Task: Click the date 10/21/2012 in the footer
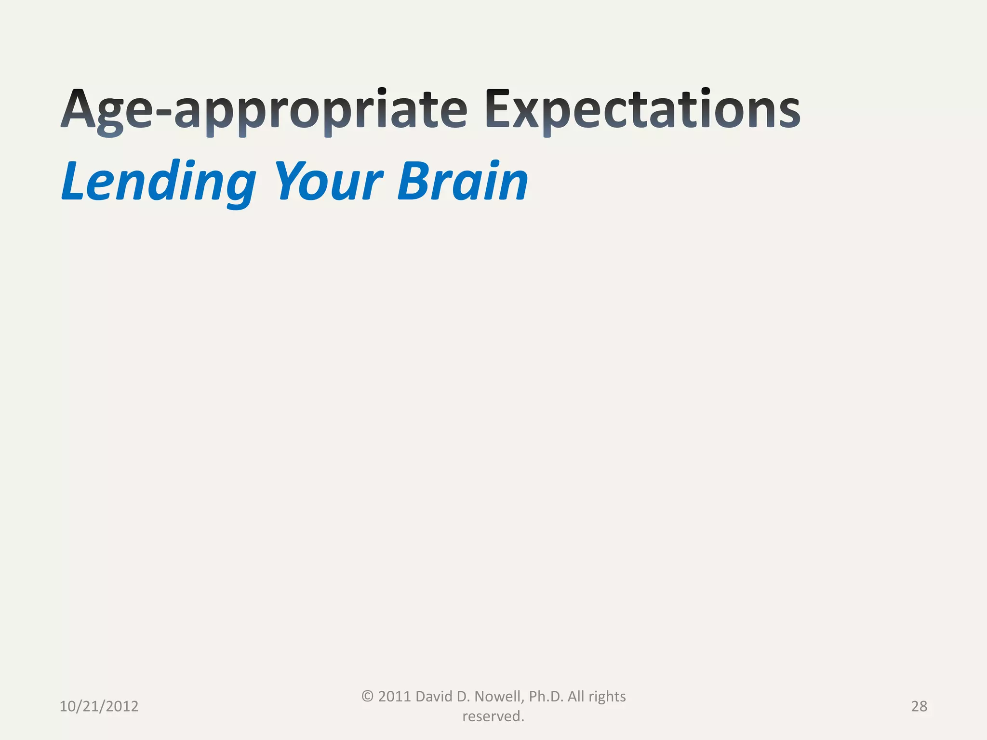tap(99, 706)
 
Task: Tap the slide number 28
tap(919, 706)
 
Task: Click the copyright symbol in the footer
tap(367, 696)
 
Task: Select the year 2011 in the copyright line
tap(394, 696)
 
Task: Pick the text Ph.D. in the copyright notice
tap(546, 696)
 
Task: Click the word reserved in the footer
tap(492, 716)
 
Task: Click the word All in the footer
tap(576, 696)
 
